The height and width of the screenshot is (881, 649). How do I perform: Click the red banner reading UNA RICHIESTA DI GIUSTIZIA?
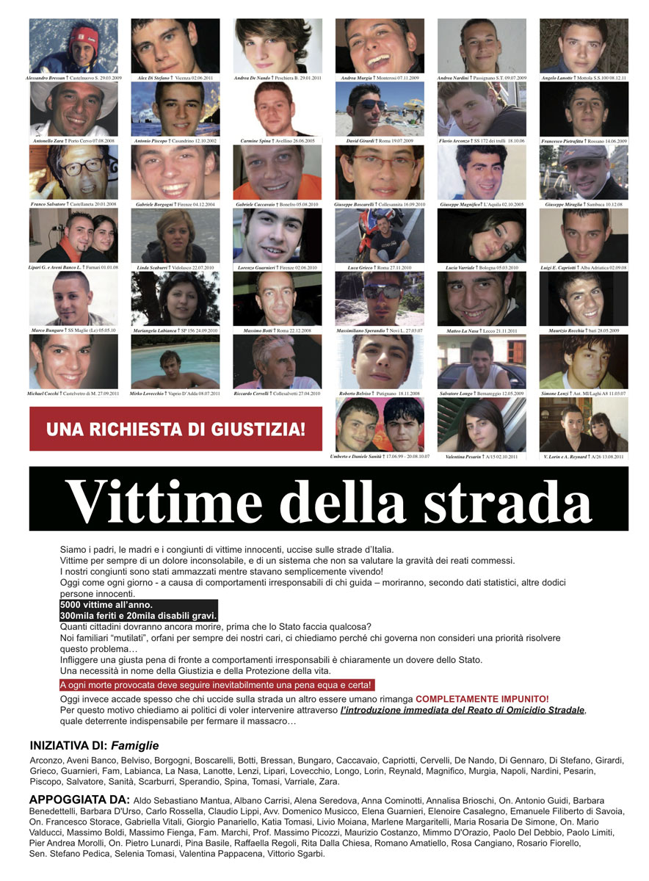[x=175, y=429]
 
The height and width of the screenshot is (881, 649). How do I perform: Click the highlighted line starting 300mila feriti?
[x=139, y=615]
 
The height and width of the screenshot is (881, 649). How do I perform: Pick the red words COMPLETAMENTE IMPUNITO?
[x=482, y=699]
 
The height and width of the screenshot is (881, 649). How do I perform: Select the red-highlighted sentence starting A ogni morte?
[x=217, y=685]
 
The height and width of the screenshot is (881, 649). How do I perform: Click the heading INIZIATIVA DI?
[x=68, y=745]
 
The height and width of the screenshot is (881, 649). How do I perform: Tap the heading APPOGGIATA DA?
[x=79, y=799]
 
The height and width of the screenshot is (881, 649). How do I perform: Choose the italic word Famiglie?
[x=135, y=745]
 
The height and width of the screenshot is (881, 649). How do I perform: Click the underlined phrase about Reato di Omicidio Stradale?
[x=463, y=710]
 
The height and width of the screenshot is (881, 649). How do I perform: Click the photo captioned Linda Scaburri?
[x=175, y=236]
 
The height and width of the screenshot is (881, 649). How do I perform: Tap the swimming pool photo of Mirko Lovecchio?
[x=175, y=362]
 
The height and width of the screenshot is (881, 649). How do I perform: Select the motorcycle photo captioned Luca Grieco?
[x=380, y=236]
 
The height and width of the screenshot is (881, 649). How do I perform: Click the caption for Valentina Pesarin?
[x=482, y=457]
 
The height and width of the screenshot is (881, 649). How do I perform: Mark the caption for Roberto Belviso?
[x=380, y=394]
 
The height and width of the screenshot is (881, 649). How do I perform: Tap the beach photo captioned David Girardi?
[x=380, y=109]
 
